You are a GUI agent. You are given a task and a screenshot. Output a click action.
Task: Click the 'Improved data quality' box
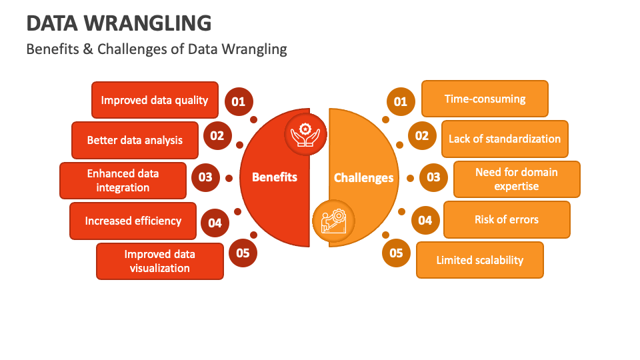point(155,100)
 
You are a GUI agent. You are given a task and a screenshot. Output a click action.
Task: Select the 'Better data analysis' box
point(135,140)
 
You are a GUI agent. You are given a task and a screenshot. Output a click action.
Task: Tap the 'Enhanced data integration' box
point(123,181)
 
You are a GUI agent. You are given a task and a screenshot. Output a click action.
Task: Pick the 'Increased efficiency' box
point(133,221)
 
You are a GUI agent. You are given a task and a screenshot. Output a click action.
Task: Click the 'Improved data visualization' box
point(160,261)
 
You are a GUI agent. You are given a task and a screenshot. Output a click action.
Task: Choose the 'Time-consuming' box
point(485,99)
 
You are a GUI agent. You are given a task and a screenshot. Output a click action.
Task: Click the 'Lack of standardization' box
point(505,139)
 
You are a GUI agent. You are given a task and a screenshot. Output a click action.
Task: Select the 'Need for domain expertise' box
point(517,179)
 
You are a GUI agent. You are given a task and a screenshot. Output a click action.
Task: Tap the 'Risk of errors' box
point(507,219)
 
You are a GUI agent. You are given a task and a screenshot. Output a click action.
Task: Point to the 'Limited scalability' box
point(480,260)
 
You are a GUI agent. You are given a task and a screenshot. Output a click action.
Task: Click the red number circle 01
point(238,102)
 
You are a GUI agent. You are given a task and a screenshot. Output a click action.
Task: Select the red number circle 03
point(205,177)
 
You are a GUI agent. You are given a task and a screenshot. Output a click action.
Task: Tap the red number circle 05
point(243,253)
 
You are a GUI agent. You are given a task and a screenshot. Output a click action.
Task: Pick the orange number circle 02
point(422,136)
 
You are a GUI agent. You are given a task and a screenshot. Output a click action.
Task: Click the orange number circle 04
point(425,220)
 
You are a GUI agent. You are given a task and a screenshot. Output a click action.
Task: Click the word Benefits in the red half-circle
point(275,177)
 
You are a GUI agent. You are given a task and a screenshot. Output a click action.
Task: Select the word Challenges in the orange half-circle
point(364,178)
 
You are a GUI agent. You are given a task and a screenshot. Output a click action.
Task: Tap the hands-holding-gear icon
point(305,133)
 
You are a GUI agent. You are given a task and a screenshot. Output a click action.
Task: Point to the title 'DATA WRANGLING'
point(119,24)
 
